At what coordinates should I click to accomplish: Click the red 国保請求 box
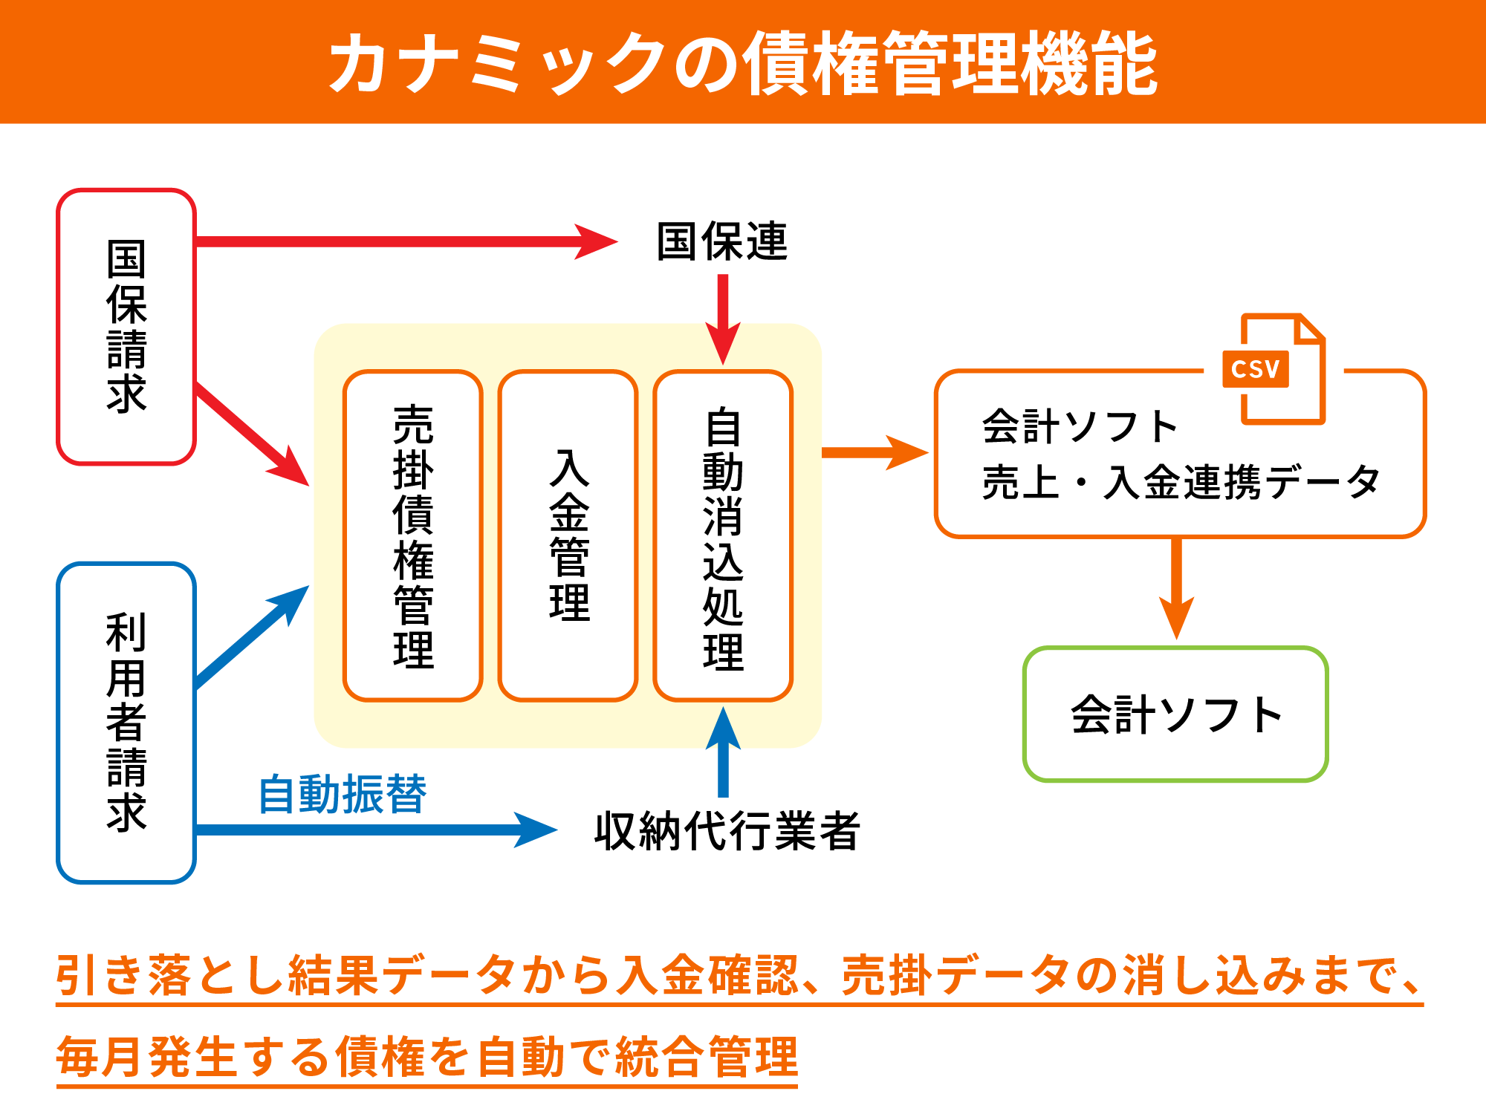(126, 327)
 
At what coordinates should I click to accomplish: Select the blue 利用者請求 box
(126, 723)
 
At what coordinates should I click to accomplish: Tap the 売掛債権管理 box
(413, 535)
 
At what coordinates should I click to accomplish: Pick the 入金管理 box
(568, 535)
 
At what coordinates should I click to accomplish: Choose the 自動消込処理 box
(723, 535)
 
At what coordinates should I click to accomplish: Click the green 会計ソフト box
(1175, 714)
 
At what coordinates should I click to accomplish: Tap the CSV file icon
(1275, 369)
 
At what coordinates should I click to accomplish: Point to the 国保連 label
(721, 241)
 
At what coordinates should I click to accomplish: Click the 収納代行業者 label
(727, 830)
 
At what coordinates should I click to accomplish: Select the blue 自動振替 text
(343, 795)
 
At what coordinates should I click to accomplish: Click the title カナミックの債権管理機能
(743, 63)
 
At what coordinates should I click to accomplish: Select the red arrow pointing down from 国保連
(723, 319)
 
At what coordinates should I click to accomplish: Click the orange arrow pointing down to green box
(1176, 587)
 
